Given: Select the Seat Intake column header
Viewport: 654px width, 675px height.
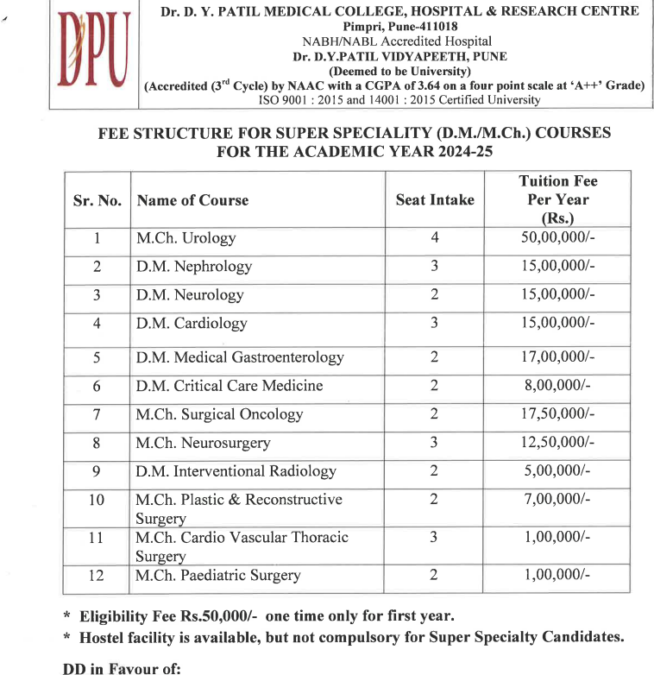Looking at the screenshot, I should (435, 199).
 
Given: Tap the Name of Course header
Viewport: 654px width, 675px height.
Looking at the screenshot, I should (192, 200).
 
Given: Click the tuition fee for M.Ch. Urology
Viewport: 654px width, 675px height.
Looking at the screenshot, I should (557, 237).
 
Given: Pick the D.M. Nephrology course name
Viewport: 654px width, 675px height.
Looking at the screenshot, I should (194, 266).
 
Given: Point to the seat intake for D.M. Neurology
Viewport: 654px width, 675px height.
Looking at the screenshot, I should (435, 294).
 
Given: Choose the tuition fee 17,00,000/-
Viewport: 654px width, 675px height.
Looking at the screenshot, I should (557, 356).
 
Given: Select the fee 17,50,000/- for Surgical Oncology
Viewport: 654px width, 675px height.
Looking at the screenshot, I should (557, 413).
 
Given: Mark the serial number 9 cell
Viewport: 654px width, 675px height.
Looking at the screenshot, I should (97, 471).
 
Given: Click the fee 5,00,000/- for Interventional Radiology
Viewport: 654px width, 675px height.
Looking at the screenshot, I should (557, 471).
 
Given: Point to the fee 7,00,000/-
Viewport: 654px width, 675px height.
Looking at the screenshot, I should (557, 500).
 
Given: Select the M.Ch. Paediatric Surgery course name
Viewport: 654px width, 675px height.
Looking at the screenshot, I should (218, 575).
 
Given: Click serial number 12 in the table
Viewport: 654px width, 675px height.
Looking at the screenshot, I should (97, 575).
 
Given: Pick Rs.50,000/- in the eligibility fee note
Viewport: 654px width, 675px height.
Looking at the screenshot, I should (217, 616).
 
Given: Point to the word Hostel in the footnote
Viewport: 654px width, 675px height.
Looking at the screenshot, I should (105, 637).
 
